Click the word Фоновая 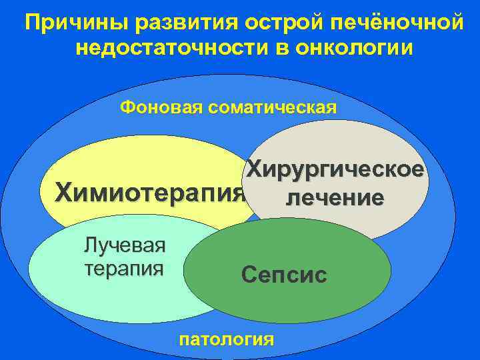158,107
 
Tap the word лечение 335,197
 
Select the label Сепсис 285,274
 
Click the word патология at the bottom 227,339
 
